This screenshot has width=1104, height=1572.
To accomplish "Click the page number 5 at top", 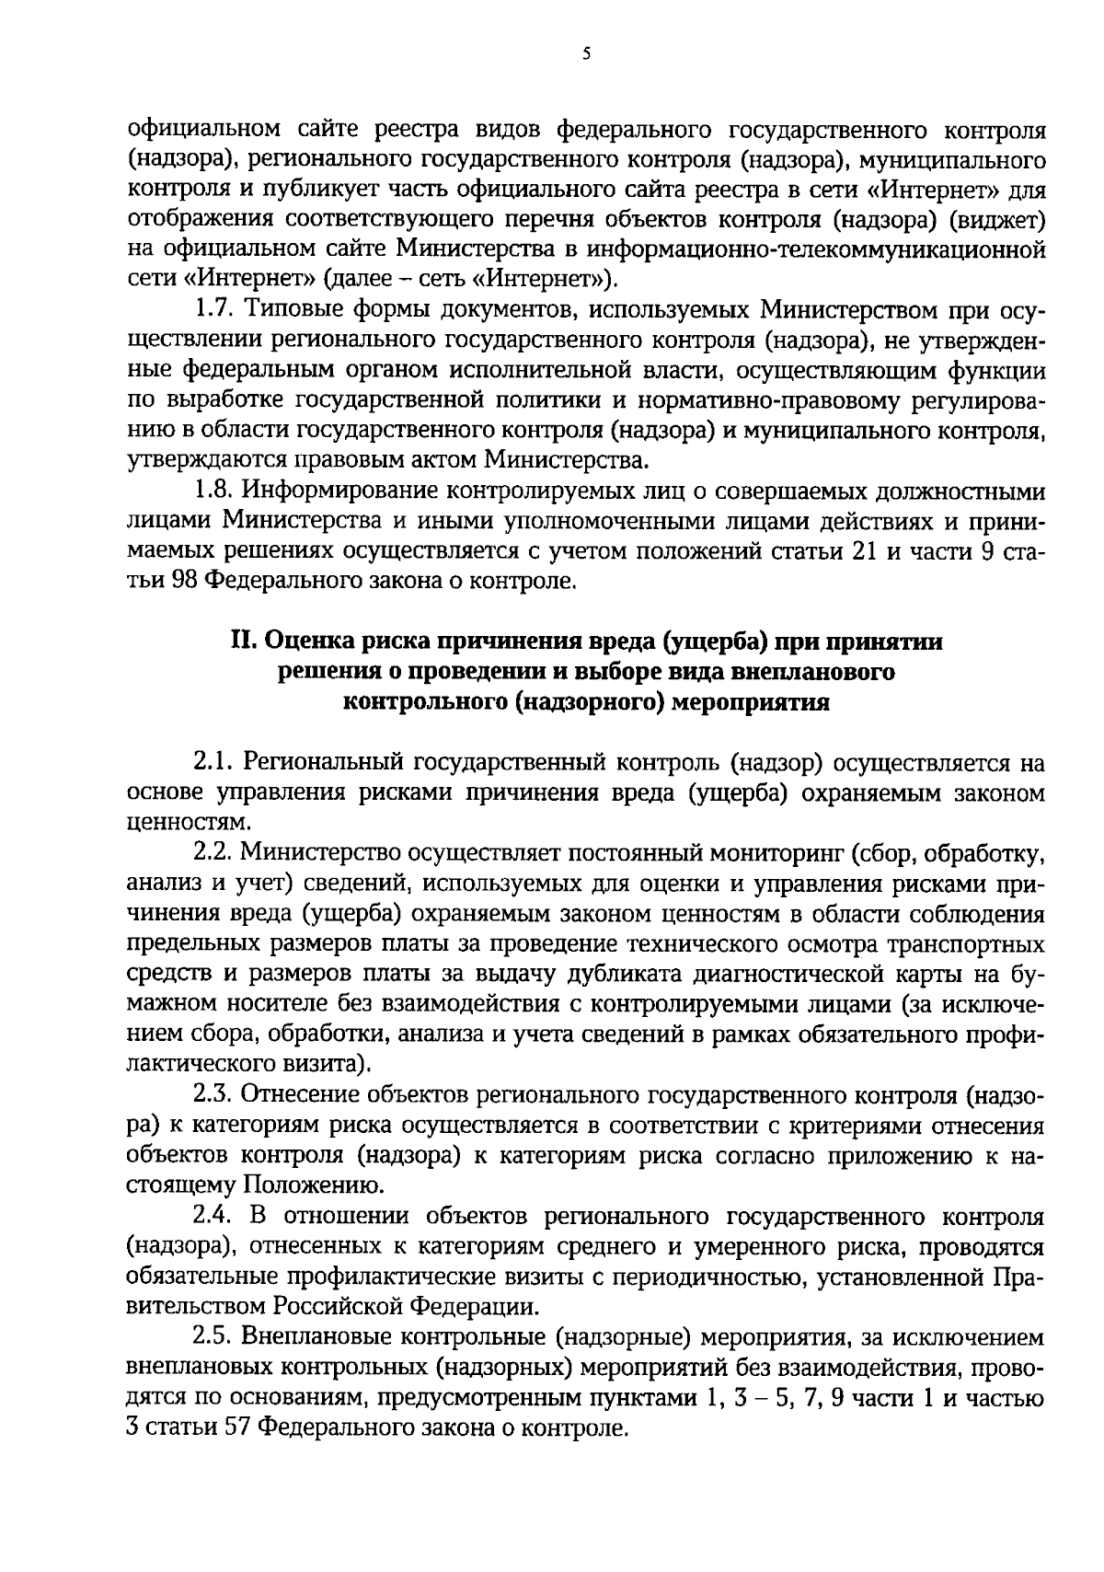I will pos(586,54).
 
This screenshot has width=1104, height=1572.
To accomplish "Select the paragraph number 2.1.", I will pos(214,763).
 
